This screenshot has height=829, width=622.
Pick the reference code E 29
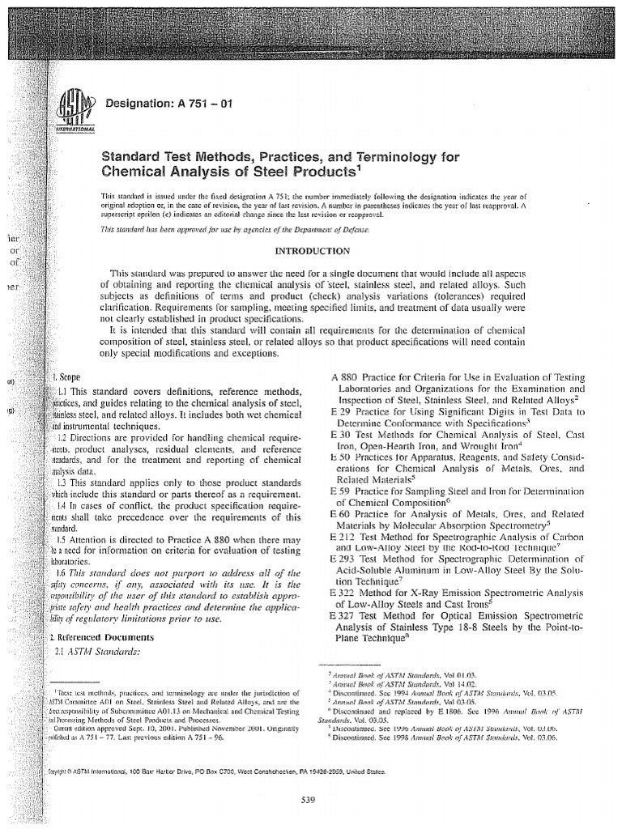coord(343,410)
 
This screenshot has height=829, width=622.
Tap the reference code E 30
coord(343,433)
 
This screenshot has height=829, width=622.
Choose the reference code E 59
coord(343,490)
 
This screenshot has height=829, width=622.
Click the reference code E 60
coord(343,512)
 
